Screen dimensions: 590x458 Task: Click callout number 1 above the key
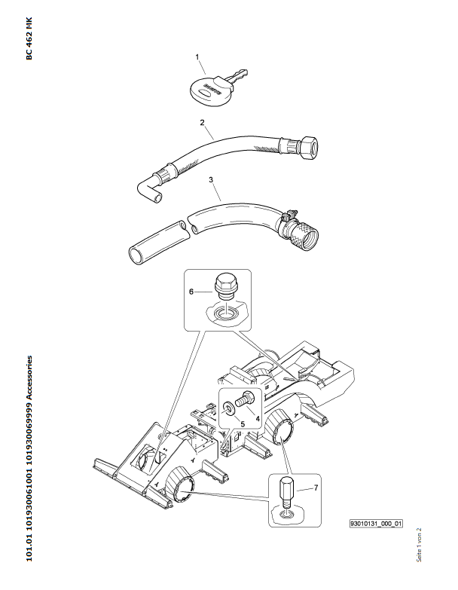pyautogui.click(x=197, y=57)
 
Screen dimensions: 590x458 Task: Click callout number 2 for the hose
pyautogui.click(x=202, y=122)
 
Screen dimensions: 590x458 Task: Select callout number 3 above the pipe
pyautogui.click(x=211, y=181)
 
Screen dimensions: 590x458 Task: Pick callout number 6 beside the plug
pyautogui.click(x=191, y=291)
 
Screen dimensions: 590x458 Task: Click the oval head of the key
pyautogui.click(x=209, y=91)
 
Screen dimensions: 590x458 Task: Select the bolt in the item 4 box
pyautogui.click(x=244, y=399)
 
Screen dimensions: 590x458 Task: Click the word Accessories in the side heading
pyautogui.click(x=29, y=381)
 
